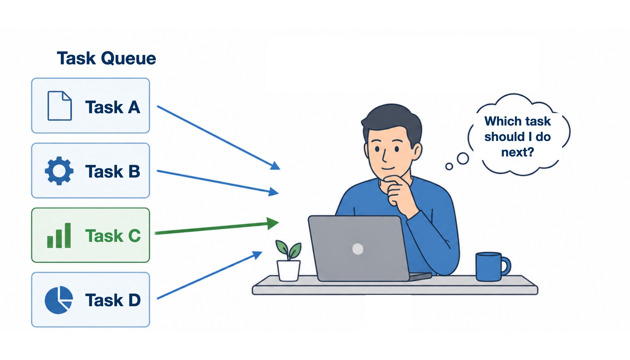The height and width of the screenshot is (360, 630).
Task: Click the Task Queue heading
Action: (x=107, y=58)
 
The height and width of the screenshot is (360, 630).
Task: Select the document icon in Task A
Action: (x=59, y=106)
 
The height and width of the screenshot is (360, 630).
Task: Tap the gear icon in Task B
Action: (x=59, y=171)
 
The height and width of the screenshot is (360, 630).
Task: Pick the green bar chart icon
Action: (x=59, y=236)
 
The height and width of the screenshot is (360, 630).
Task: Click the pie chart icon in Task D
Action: (x=59, y=300)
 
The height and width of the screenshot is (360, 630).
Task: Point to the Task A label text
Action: (x=112, y=107)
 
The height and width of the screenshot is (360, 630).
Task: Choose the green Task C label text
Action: (x=113, y=236)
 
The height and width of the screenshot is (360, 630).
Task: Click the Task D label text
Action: (x=113, y=300)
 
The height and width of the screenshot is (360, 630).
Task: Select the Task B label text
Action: (x=112, y=172)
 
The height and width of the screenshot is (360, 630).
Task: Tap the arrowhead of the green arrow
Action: (x=273, y=223)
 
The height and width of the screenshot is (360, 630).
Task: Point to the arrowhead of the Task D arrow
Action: (x=258, y=255)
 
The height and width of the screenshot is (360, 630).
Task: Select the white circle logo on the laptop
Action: (x=358, y=249)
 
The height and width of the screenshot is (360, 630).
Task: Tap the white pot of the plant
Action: (x=289, y=270)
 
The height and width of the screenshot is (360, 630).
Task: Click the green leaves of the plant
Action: (x=288, y=250)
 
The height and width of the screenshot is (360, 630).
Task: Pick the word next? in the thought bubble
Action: (x=517, y=152)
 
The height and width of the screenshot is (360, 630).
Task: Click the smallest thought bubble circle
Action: (x=449, y=166)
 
